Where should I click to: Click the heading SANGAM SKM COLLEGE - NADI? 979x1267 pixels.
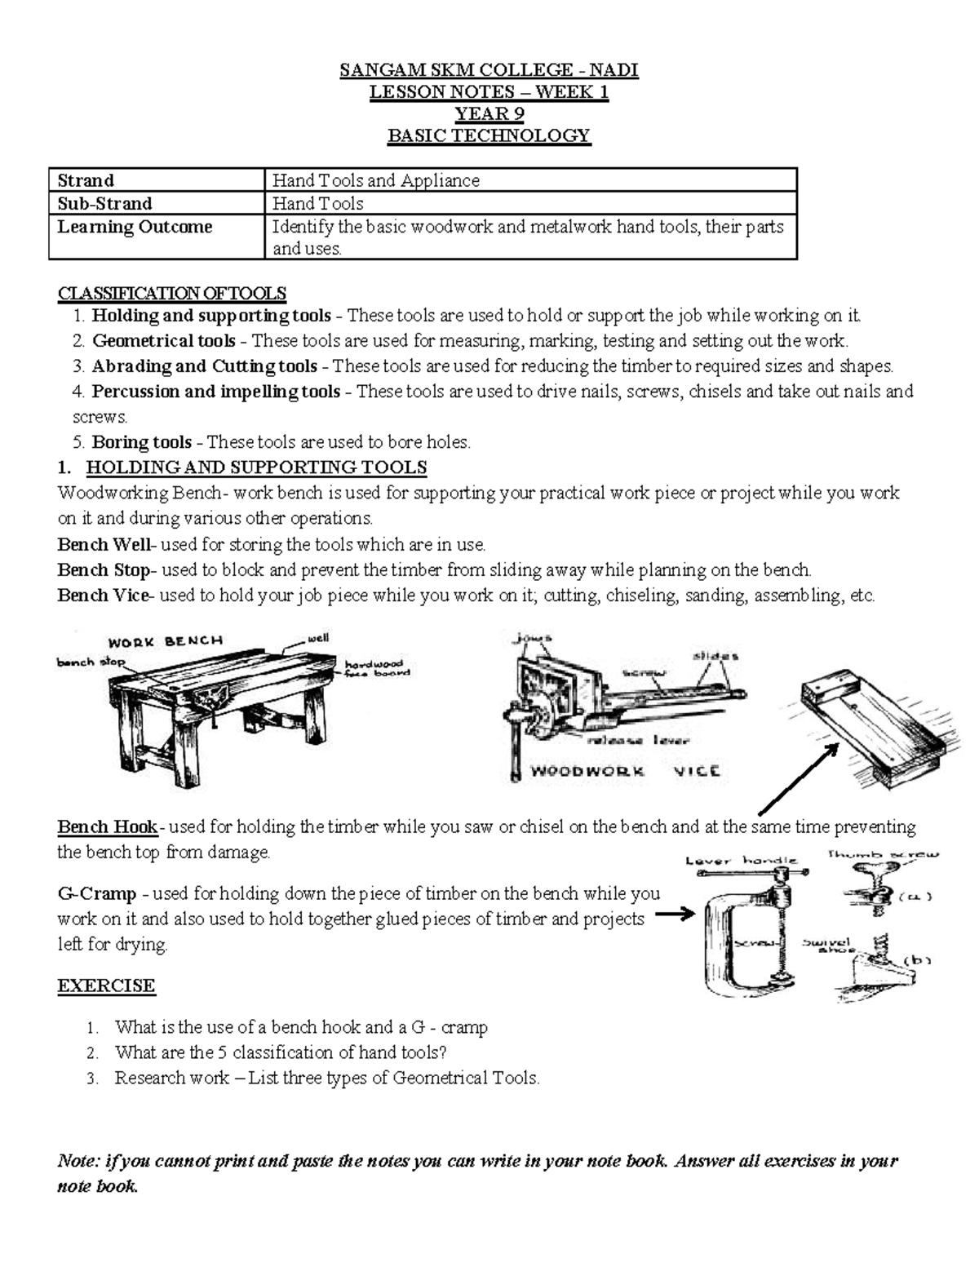click(x=489, y=70)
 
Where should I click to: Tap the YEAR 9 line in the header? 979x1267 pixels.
click(x=489, y=113)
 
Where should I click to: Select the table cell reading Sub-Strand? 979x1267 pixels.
click(x=104, y=203)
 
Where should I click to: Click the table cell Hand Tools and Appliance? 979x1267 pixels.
click(x=375, y=180)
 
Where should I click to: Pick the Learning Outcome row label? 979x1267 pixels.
click(x=135, y=227)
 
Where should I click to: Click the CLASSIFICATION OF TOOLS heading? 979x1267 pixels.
click(x=171, y=293)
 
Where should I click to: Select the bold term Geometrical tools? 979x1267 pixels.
click(x=163, y=341)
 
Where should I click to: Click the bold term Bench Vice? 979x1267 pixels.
click(x=104, y=596)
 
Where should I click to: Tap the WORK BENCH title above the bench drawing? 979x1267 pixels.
click(x=165, y=641)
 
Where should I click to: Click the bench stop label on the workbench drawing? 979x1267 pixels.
click(x=91, y=662)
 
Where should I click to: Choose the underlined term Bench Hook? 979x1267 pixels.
click(x=107, y=827)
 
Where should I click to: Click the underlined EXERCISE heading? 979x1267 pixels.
click(x=106, y=986)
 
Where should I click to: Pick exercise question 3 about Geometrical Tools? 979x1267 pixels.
click(x=326, y=1078)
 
